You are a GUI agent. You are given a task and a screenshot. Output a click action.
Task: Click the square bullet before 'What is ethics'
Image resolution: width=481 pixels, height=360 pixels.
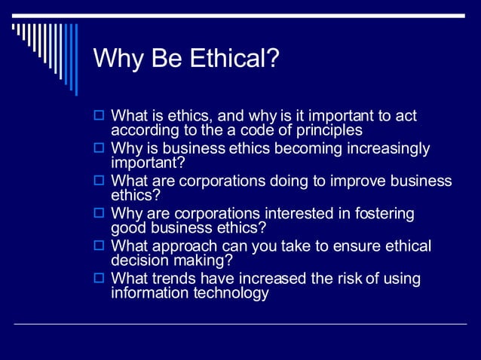[99, 117]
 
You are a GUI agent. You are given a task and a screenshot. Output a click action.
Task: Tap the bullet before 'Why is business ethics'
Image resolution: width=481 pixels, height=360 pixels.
[99, 149]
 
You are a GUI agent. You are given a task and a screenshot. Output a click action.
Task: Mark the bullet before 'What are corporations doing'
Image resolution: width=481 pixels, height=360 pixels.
[99, 182]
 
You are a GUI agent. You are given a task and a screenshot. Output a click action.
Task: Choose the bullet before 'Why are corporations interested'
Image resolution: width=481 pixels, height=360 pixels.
[99, 214]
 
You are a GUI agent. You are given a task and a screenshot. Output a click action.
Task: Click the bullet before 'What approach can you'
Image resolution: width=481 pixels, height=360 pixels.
[99, 246]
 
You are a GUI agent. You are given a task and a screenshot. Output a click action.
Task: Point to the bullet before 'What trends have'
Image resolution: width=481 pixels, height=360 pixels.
[99, 279]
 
